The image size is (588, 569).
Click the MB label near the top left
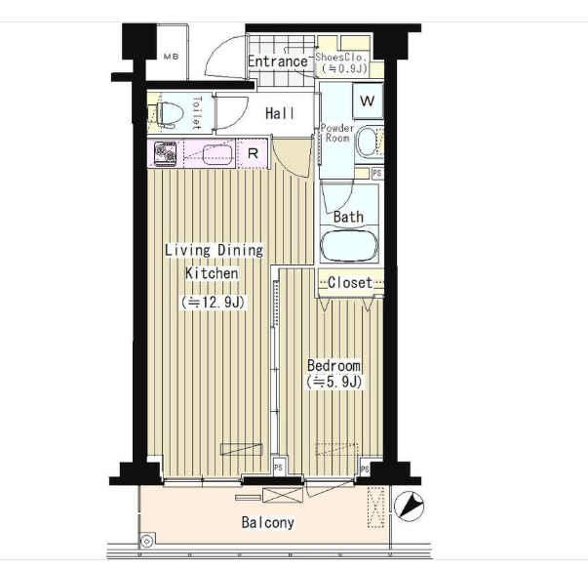(171, 57)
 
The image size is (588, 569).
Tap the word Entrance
(278, 61)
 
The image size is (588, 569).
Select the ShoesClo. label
(340, 57)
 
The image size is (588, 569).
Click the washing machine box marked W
(368, 101)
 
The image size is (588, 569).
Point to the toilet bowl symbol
(170, 113)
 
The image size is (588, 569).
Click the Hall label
(280, 113)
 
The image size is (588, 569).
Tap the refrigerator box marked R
(253, 153)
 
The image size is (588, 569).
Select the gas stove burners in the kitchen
(166, 154)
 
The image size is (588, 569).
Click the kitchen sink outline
(217, 154)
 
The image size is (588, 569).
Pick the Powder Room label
(337, 133)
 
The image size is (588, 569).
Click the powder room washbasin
(367, 142)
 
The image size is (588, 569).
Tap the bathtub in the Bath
(349, 246)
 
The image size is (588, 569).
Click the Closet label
(350, 282)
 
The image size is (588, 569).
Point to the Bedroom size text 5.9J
(334, 382)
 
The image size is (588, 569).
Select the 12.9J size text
(214, 302)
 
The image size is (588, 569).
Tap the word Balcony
(268, 522)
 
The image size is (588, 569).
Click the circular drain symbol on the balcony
(146, 542)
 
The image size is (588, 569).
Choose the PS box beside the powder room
(376, 173)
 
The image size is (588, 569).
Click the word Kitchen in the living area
(212, 273)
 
